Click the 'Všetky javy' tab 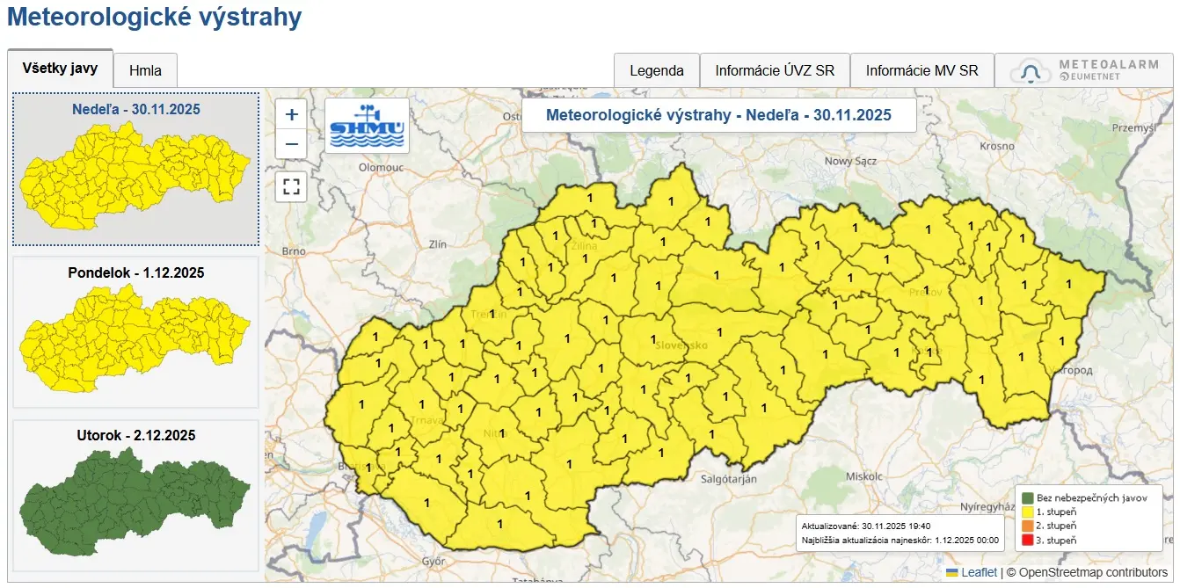tap(60, 69)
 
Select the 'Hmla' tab tap(145, 71)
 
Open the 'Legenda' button tap(656, 71)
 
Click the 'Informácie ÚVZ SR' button tap(775, 71)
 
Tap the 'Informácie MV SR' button tap(921, 71)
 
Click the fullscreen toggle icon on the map tap(292, 186)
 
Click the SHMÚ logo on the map tap(367, 126)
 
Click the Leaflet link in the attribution tap(979, 572)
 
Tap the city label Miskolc tap(863, 475)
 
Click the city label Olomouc tap(380, 166)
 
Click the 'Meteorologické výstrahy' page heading tap(154, 17)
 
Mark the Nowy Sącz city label tap(850, 161)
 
